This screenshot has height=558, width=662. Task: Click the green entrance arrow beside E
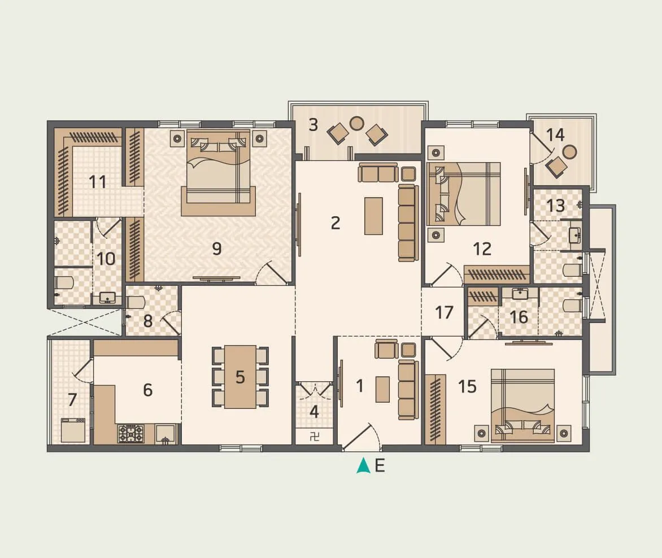(x=363, y=466)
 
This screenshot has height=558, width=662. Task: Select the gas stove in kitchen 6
(x=130, y=433)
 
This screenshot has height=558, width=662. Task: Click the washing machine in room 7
(x=73, y=430)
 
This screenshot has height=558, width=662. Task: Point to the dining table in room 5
(x=240, y=377)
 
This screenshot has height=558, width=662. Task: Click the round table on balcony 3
(x=357, y=123)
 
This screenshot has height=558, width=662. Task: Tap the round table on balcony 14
(x=570, y=151)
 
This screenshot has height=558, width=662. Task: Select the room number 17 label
(x=444, y=312)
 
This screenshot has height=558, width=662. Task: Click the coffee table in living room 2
(x=373, y=215)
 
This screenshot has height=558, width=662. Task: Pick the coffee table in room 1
(x=382, y=389)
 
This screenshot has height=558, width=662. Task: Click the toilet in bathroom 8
(x=136, y=302)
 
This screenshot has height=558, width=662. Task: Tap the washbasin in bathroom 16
(x=519, y=294)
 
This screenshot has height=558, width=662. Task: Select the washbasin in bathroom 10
(x=107, y=298)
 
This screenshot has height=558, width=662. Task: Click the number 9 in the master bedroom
(x=217, y=249)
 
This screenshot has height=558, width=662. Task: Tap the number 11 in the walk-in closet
(x=98, y=182)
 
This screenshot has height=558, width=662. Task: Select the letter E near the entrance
(x=380, y=466)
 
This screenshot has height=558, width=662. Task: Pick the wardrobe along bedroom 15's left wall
(x=435, y=409)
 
